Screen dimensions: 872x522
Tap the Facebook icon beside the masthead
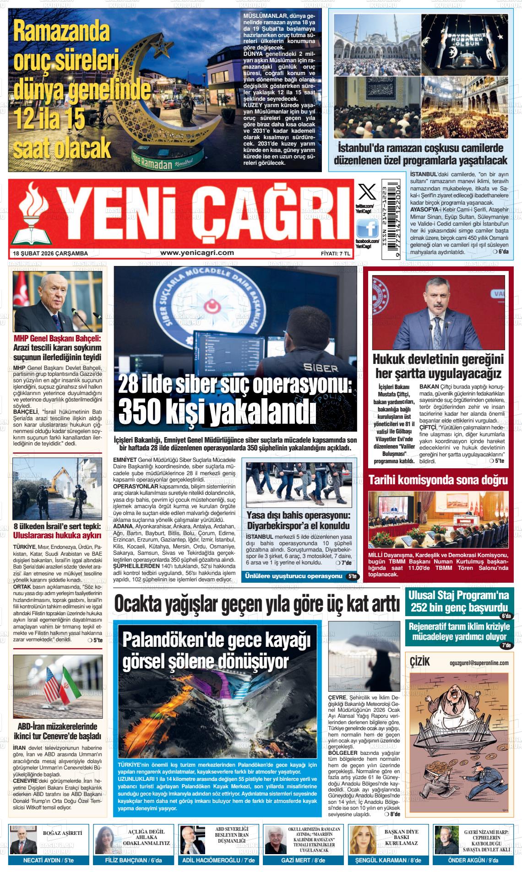(367, 227)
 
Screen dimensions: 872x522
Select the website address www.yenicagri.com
(197, 253)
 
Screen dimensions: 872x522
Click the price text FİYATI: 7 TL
(336, 253)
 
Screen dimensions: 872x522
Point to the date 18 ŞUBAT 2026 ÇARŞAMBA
(50, 253)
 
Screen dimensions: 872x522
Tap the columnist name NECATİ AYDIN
(42, 860)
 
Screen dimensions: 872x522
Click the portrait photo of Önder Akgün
(446, 840)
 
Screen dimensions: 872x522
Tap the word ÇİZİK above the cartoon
(420, 662)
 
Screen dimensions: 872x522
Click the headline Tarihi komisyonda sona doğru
(438, 480)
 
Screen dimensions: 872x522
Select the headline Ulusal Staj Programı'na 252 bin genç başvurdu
(459, 601)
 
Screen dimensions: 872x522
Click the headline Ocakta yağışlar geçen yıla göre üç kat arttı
(257, 604)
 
